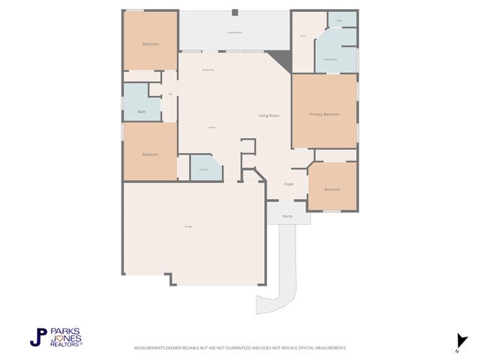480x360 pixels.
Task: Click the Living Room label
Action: (268, 115)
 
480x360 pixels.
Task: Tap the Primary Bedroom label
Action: (325, 114)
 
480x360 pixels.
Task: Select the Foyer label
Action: (289, 184)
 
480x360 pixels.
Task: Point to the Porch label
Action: (287, 216)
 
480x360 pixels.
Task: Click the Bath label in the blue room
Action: (142, 112)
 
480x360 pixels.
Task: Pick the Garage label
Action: (187, 226)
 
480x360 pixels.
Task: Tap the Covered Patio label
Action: (234, 33)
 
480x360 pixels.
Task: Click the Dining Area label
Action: (208, 70)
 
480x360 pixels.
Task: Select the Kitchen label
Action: (213, 128)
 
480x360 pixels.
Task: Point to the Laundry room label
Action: (203, 169)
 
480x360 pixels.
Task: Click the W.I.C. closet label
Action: (303, 36)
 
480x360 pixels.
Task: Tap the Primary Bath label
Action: (330, 59)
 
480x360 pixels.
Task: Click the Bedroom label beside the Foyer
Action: (332, 189)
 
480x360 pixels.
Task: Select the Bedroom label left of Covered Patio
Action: (150, 44)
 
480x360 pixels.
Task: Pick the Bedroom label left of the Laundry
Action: (150, 154)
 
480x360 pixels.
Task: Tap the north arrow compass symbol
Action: (461, 340)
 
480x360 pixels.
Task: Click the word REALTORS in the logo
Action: (66, 343)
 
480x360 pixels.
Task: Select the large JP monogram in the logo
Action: (38, 337)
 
